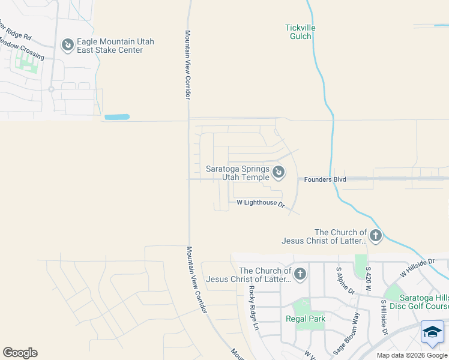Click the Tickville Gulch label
(300, 32)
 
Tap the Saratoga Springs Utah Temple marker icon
(279, 173)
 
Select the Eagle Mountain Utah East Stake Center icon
(68, 45)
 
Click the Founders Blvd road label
(325, 179)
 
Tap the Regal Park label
(305, 319)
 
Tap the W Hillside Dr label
(418, 268)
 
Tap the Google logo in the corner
(20, 353)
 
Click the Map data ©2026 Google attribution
(412, 355)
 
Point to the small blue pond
(116, 116)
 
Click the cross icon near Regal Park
(300, 275)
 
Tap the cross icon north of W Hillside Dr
(376, 236)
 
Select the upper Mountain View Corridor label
(187, 65)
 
